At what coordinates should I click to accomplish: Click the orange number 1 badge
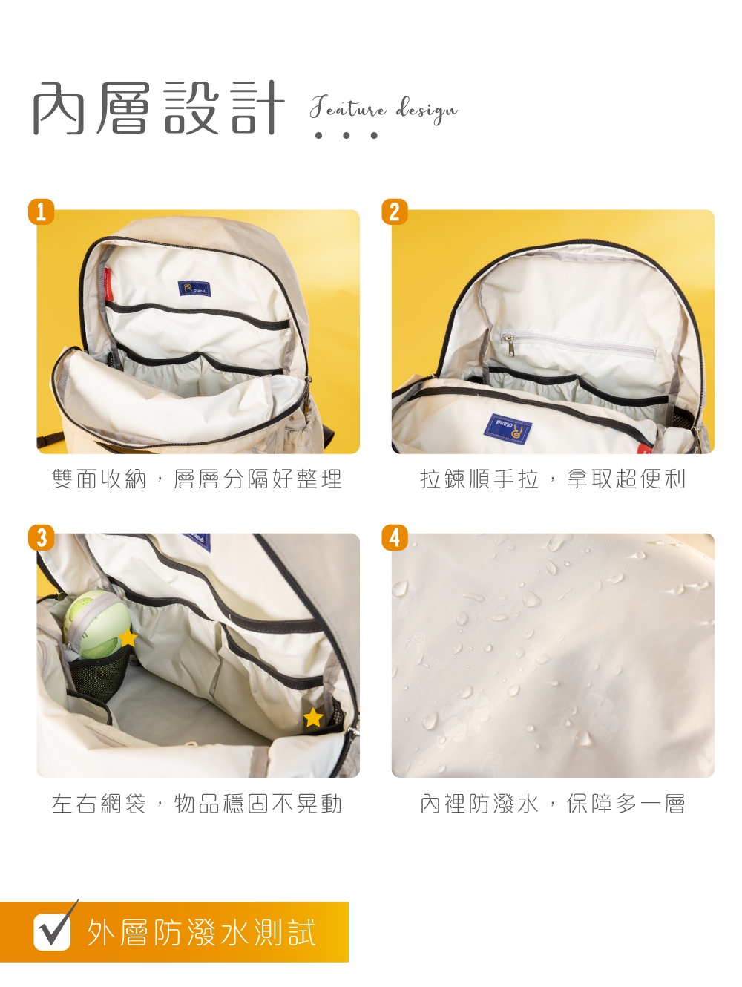42,211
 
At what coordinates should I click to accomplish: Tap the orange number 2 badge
395,211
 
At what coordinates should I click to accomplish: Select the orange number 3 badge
42,536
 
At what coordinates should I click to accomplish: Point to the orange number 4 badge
395,536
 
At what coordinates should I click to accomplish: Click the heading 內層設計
158,108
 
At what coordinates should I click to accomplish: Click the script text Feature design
383,110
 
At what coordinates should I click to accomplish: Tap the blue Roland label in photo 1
194,289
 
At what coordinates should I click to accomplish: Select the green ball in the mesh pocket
95,624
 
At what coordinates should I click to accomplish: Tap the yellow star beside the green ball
128,637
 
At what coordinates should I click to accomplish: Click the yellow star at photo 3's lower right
313,718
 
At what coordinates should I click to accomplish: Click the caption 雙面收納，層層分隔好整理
197,479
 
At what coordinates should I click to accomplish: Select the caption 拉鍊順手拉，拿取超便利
553,479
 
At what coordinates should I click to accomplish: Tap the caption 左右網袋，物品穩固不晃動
197,804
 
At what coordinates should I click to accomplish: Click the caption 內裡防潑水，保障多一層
553,804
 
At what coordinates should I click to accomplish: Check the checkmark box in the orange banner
53,932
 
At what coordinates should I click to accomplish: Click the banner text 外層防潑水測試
201,933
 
